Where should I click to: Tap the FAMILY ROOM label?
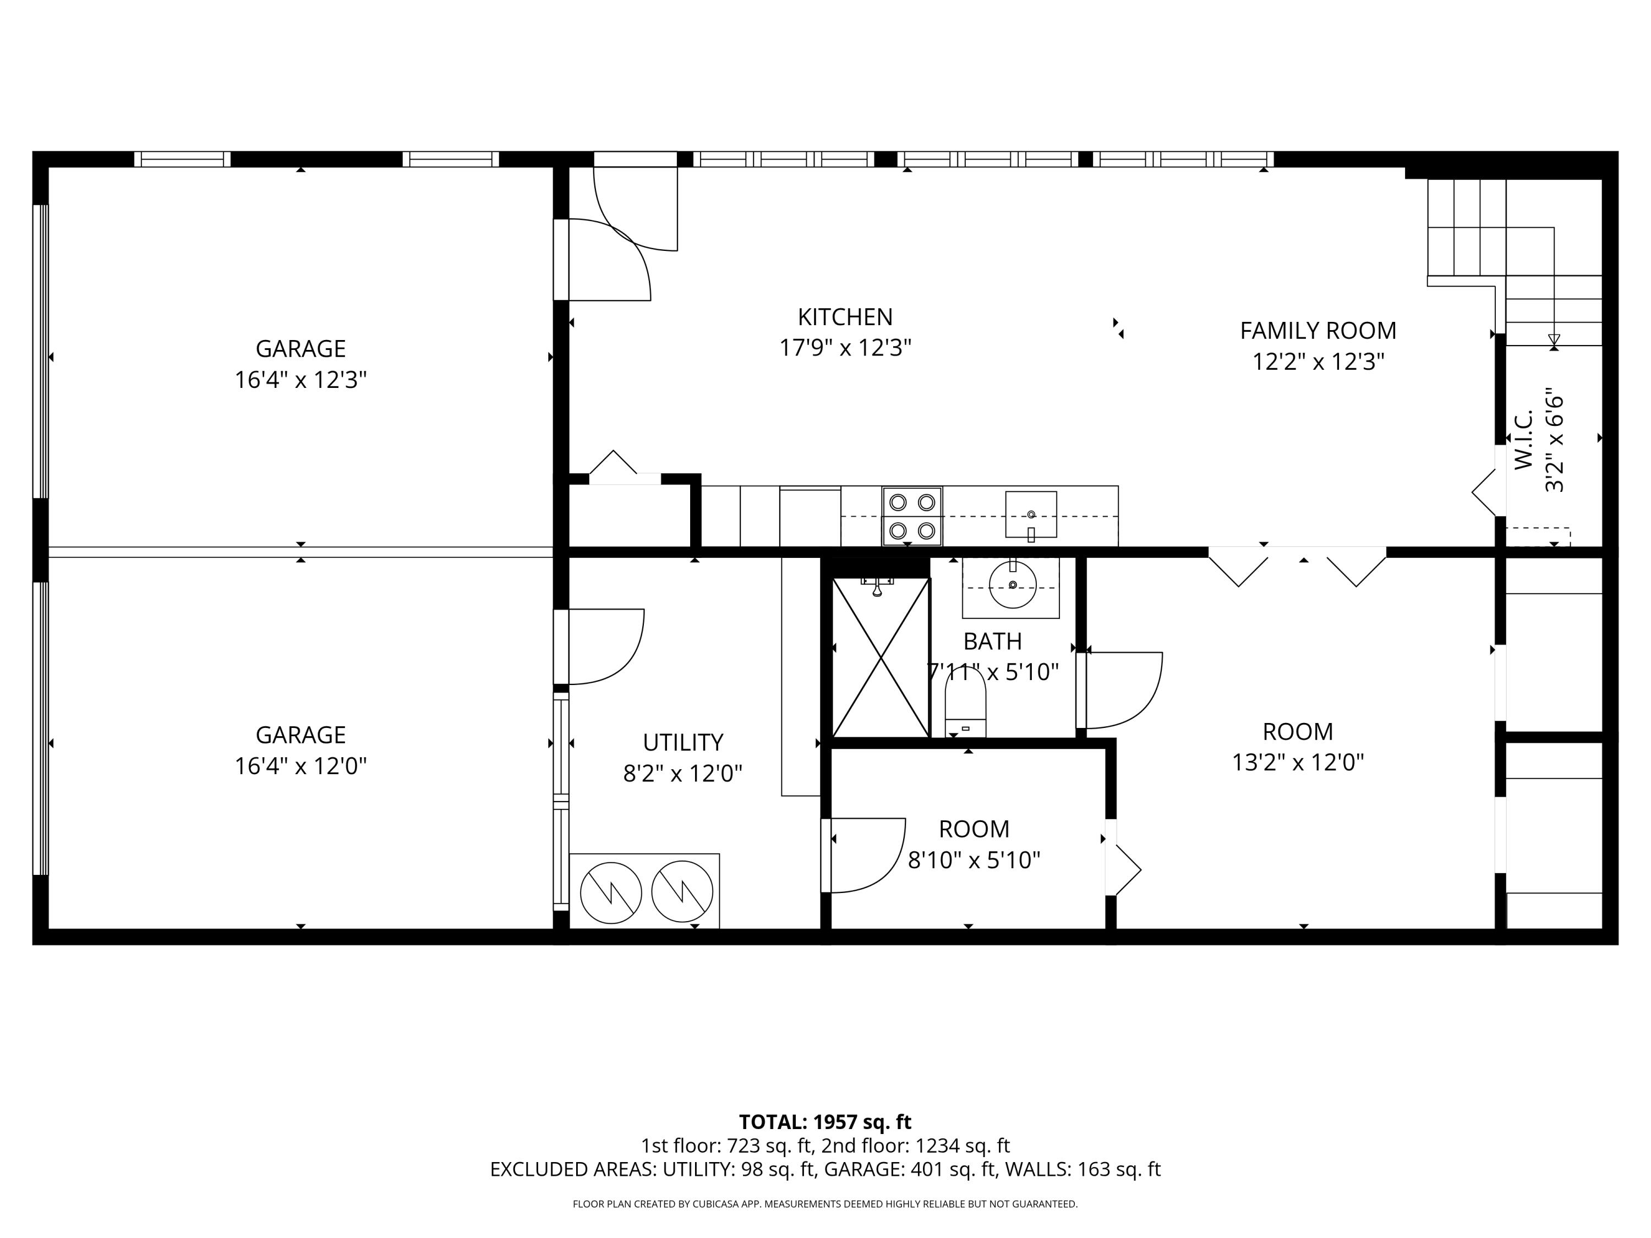1318,331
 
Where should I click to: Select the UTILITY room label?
683,742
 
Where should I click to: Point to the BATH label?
993,641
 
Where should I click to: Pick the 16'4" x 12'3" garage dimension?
301,380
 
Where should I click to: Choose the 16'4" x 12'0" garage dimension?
301,766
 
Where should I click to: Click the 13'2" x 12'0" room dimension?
1298,763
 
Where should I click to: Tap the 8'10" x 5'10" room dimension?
974,861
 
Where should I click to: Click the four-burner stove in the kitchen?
912,517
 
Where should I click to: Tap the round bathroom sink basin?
1013,585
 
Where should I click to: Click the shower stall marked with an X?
881,658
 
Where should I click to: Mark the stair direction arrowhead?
1554,342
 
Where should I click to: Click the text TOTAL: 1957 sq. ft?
825,1121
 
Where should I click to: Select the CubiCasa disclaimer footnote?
825,1204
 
